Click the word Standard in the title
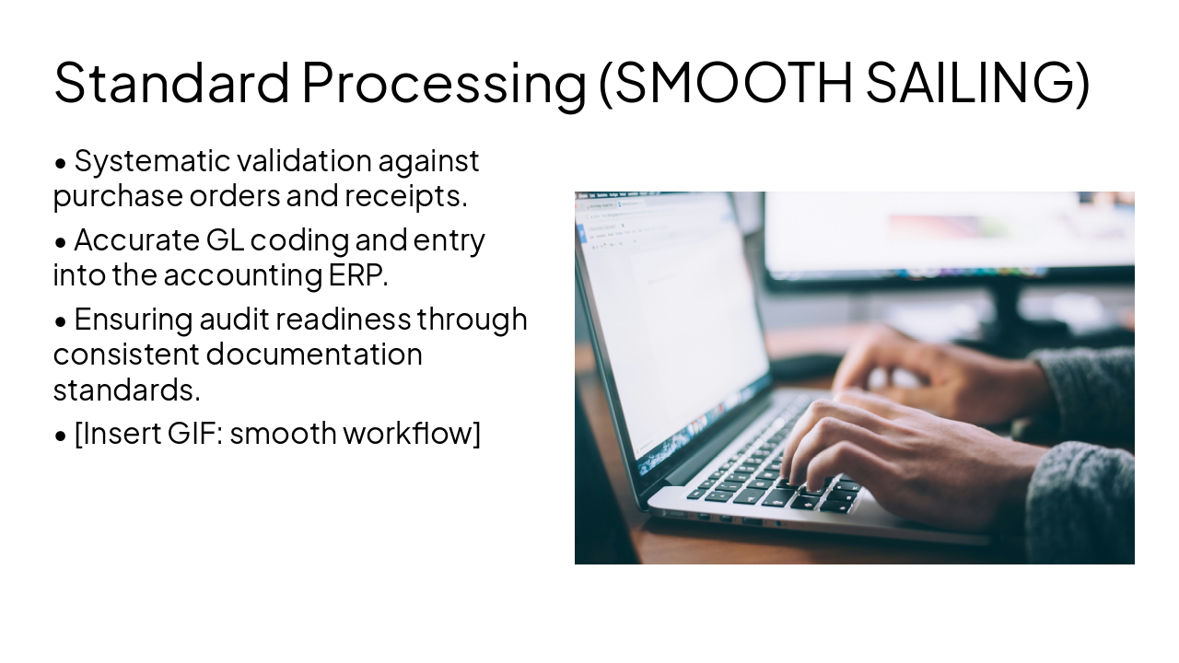[172, 82]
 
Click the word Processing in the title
[443, 82]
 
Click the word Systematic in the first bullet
[151, 161]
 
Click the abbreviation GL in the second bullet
[224, 240]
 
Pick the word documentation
[314, 354]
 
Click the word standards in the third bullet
[125, 389]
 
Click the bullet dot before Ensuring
[61, 321]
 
